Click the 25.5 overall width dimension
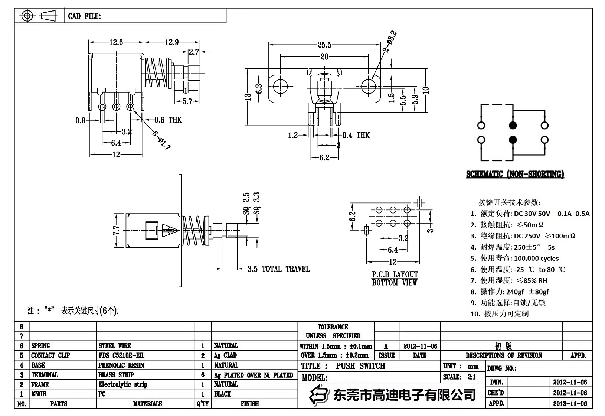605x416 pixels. pyautogui.click(x=324, y=45)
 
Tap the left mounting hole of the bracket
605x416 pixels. pyautogui.click(x=280, y=86)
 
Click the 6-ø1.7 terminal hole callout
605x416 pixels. pyautogui.click(x=161, y=140)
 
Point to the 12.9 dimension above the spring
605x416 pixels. pyautogui.click(x=171, y=42)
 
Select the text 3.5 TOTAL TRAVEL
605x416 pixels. pyautogui.click(x=278, y=269)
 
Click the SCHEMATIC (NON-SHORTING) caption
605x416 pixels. pyautogui.click(x=515, y=174)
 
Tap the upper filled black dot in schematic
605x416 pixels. pyautogui.click(x=513, y=125)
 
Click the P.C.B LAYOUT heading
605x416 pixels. pyautogui.click(x=395, y=274)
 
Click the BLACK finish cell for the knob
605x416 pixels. pyautogui.click(x=222, y=394)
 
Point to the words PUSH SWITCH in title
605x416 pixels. pyautogui.click(x=360, y=366)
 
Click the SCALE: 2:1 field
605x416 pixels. pyautogui.click(x=459, y=377)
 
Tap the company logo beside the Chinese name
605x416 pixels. pyautogui.click(x=319, y=394)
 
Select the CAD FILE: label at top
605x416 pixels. pyautogui.click(x=84, y=16)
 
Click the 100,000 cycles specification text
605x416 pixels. pyautogui.click(x=536, y=258)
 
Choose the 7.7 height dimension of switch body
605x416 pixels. pyautogui.click(x=117, y=231)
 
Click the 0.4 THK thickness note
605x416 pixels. pyautogui.click(x=356, y=135)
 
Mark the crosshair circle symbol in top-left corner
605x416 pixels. pyautogui.click(x=27, y=16)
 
